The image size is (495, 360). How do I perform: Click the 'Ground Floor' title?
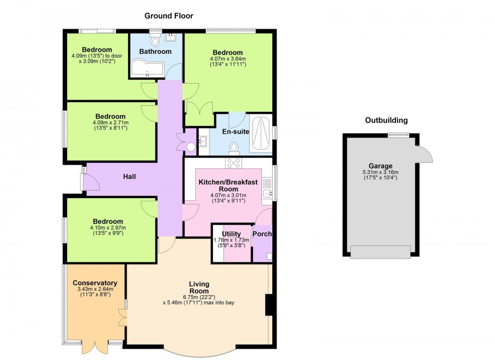pos(169,16)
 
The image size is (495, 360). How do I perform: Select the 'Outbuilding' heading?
pos(387,120)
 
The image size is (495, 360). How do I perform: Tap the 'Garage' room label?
pos(381,166)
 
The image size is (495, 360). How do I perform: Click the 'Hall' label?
pos(129,177)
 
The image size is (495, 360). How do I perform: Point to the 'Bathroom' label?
pos(155,52)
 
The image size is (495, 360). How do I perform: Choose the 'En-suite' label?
pos(235,132)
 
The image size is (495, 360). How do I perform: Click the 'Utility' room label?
pos(231,234)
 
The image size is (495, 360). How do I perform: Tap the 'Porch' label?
pos(262,234)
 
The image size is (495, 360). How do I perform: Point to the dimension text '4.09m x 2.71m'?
pos(110,123)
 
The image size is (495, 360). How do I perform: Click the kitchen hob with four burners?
pos(234,163)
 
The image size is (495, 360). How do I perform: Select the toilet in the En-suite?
pos(234,147)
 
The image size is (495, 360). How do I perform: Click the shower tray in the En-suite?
pos(261,134)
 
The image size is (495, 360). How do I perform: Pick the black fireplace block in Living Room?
pos(269,305)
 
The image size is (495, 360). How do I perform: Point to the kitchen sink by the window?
pos(267,193)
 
